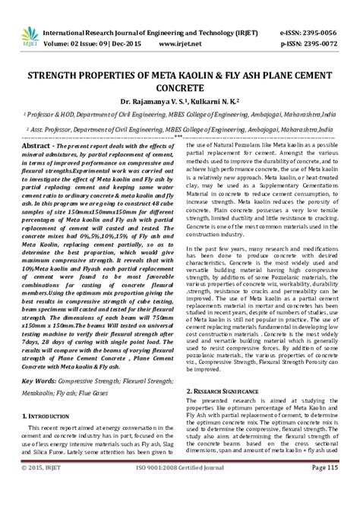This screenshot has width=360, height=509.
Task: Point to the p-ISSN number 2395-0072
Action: tap(327, 24)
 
